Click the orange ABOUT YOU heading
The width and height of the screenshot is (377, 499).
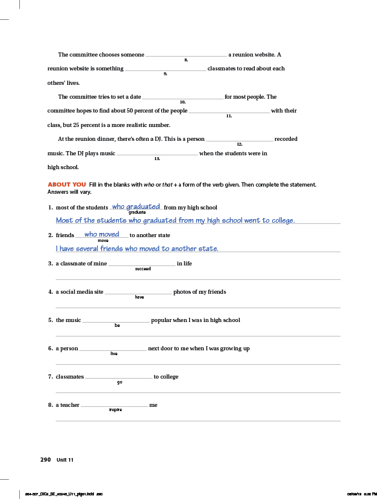coord(66,184)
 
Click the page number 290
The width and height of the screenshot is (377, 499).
coord(45,459)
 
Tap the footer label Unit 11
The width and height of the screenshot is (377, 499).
coord(65,460)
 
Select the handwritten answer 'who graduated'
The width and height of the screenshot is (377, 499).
coord(136,206)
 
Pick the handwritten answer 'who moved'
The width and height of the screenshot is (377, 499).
coord(102,234)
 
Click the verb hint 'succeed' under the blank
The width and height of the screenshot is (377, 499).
coord(143,268)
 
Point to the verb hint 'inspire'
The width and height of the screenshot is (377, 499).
coord(116,410)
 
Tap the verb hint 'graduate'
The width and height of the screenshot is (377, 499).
coord(137,212)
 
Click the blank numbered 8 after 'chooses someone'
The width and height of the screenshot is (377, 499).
coord(186,54)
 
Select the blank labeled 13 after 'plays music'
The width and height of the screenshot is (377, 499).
coord(157,153)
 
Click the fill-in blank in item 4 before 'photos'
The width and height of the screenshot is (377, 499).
coord(139,292)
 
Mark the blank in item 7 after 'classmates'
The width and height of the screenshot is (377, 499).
coord(119,377)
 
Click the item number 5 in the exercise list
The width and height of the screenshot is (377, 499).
coord(51,320)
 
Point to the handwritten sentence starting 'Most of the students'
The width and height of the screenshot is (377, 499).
coord(175,220)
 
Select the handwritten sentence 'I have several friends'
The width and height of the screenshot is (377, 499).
coord(137,249)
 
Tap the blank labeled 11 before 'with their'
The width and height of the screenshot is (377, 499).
coord(229,111)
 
